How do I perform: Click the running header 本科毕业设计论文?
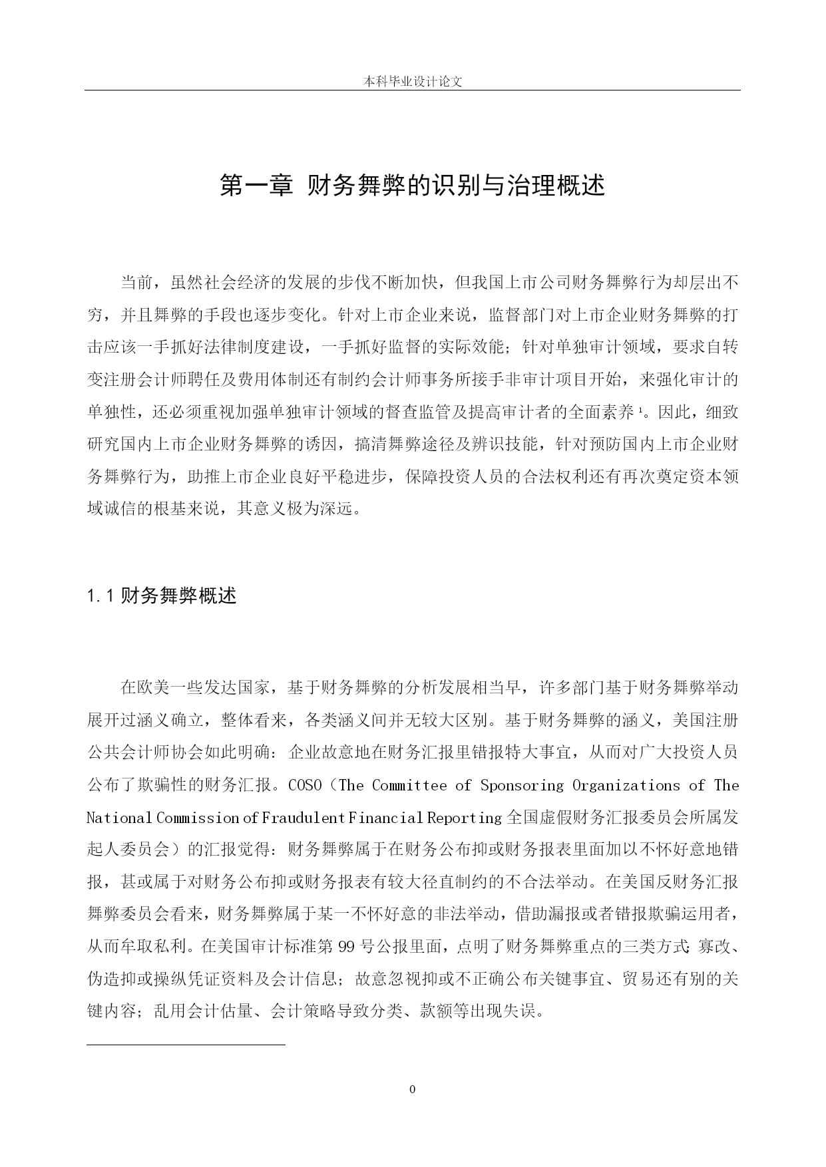(412, 82)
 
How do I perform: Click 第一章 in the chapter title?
(256, 186)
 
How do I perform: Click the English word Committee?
(409, 786)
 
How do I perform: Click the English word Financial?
(386, 818)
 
